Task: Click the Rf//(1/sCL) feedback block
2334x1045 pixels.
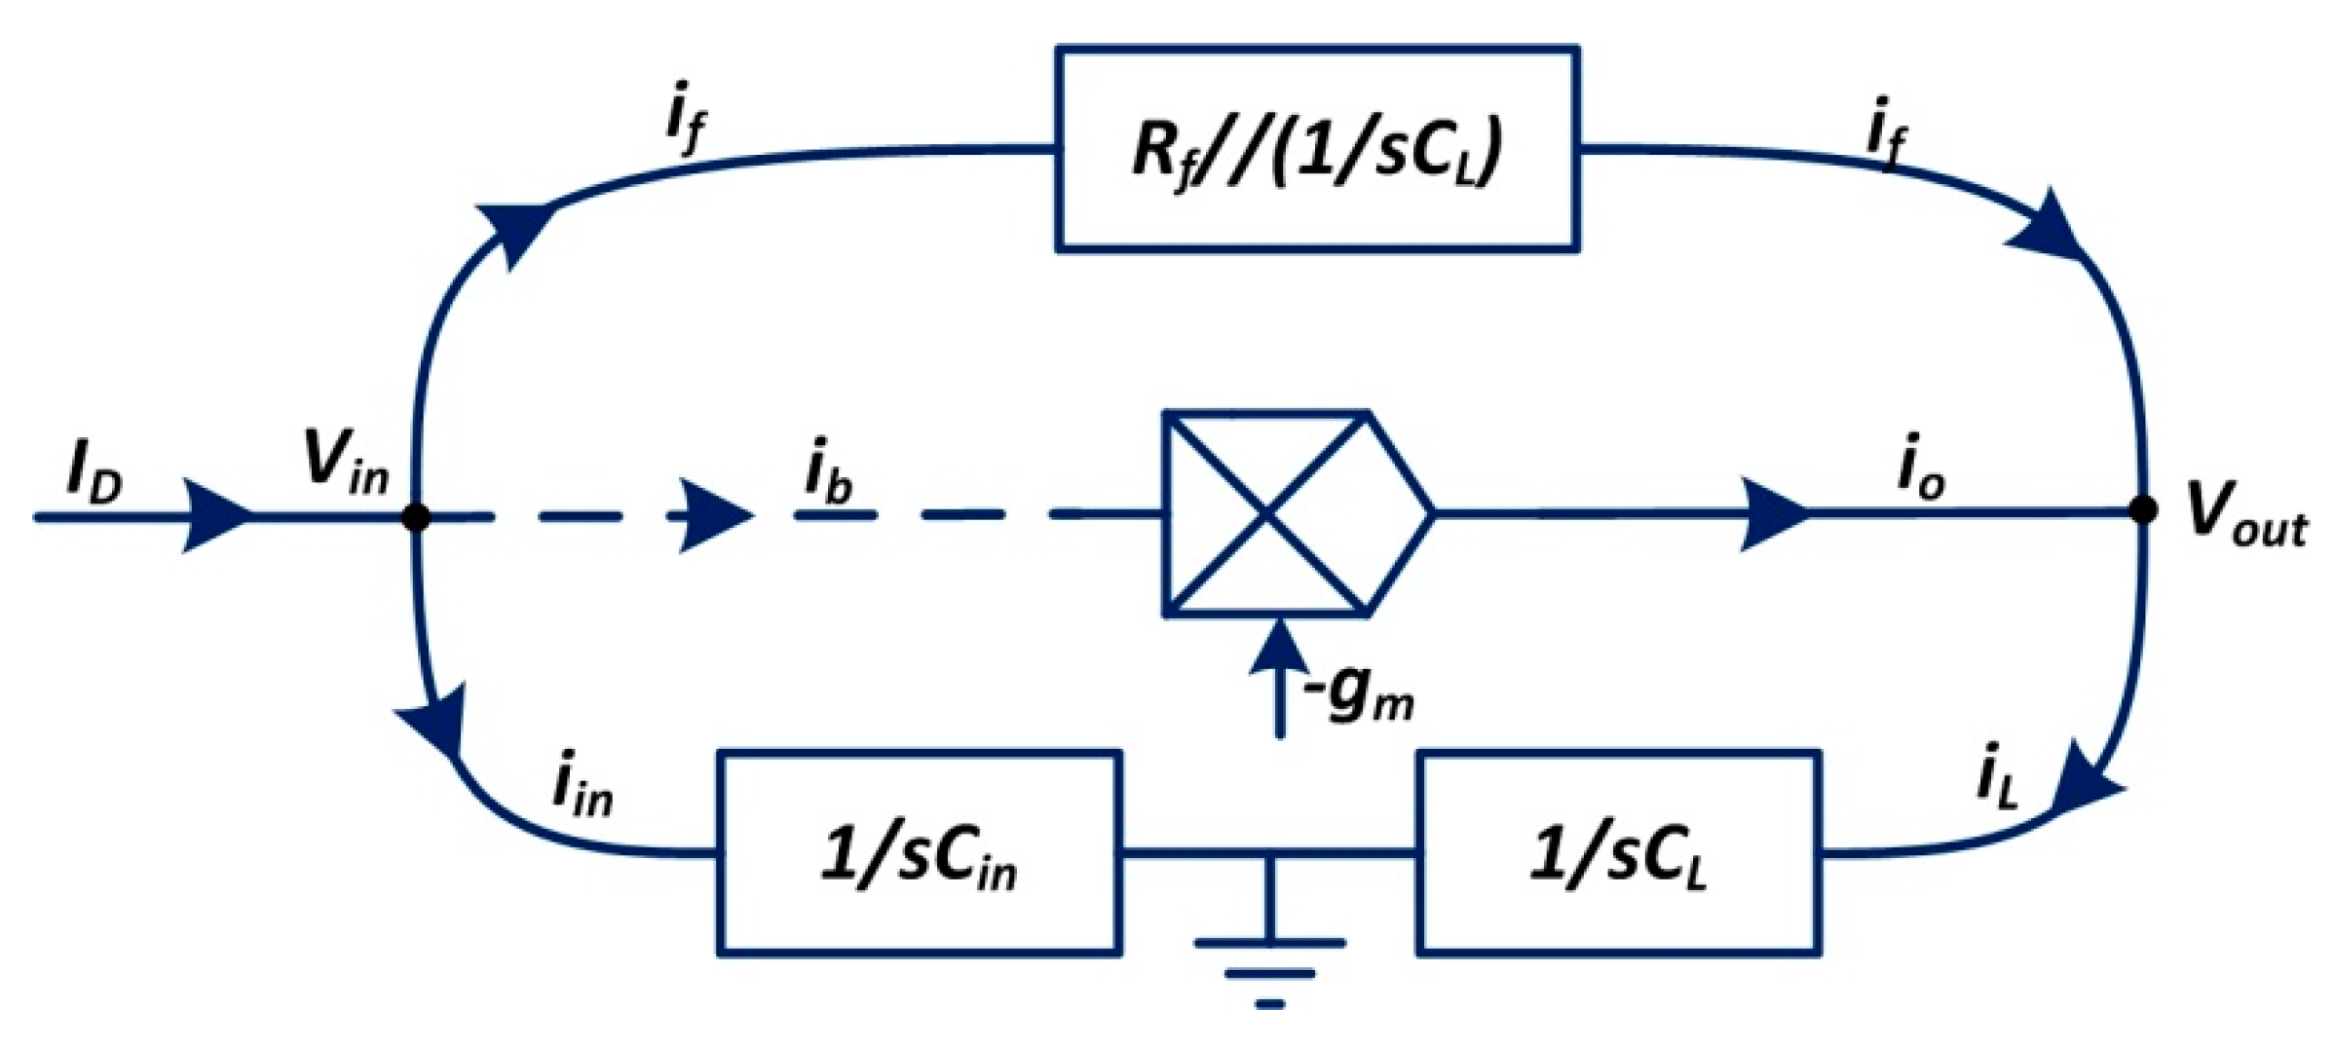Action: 1317,149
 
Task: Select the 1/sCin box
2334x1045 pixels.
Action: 919,854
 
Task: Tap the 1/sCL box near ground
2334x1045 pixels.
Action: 1618,854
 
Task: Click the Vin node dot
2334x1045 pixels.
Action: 416,517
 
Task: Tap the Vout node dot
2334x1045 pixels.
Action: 2142,509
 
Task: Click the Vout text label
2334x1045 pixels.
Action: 2246,512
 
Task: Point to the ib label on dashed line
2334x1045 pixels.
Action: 829,473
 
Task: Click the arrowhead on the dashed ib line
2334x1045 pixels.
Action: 716,515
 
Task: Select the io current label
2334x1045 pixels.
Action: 1922,467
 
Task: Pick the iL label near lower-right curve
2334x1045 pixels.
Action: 1998,775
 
